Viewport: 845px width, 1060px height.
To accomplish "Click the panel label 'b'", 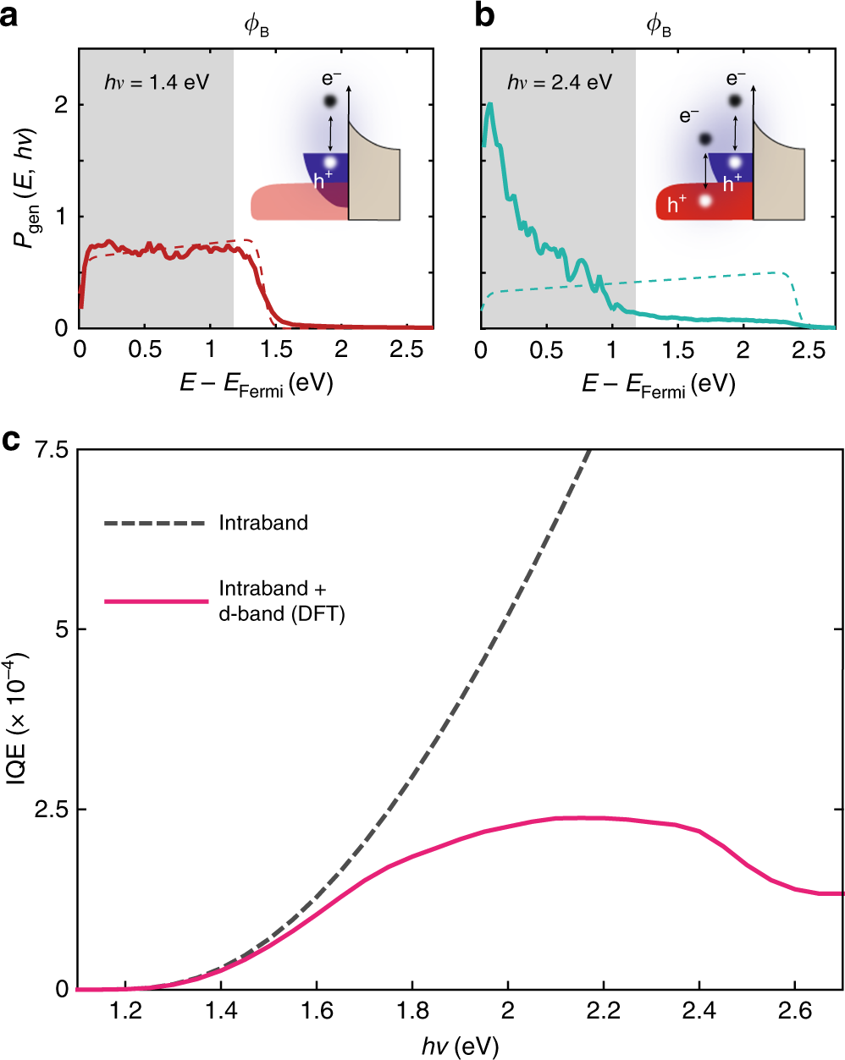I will [x=485, y=16].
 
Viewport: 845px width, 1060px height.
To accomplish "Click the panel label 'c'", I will [x=11, y=441].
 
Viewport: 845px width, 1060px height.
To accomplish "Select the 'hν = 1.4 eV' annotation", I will [x=157, y=82].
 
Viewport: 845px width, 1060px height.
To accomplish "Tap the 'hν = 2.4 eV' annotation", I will [x=560, y=82].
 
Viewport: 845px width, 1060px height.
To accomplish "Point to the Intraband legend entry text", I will [x=263, y=523].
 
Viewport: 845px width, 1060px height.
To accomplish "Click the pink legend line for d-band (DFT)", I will [x=156, y=601].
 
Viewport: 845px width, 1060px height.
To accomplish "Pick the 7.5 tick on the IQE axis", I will [x=52, y=449].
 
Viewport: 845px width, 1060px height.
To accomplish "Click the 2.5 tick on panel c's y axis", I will [x=52, y=810].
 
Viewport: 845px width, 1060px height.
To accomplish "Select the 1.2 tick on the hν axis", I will [x=126, y=1011].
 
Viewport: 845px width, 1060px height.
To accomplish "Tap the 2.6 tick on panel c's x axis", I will [x=795, y=1011].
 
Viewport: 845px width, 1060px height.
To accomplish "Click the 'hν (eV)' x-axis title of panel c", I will [x=460, y=1046].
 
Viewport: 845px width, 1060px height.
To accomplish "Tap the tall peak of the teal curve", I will [x=489, y=105].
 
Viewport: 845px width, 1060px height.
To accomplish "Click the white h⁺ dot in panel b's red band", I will [x=704, y=201].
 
